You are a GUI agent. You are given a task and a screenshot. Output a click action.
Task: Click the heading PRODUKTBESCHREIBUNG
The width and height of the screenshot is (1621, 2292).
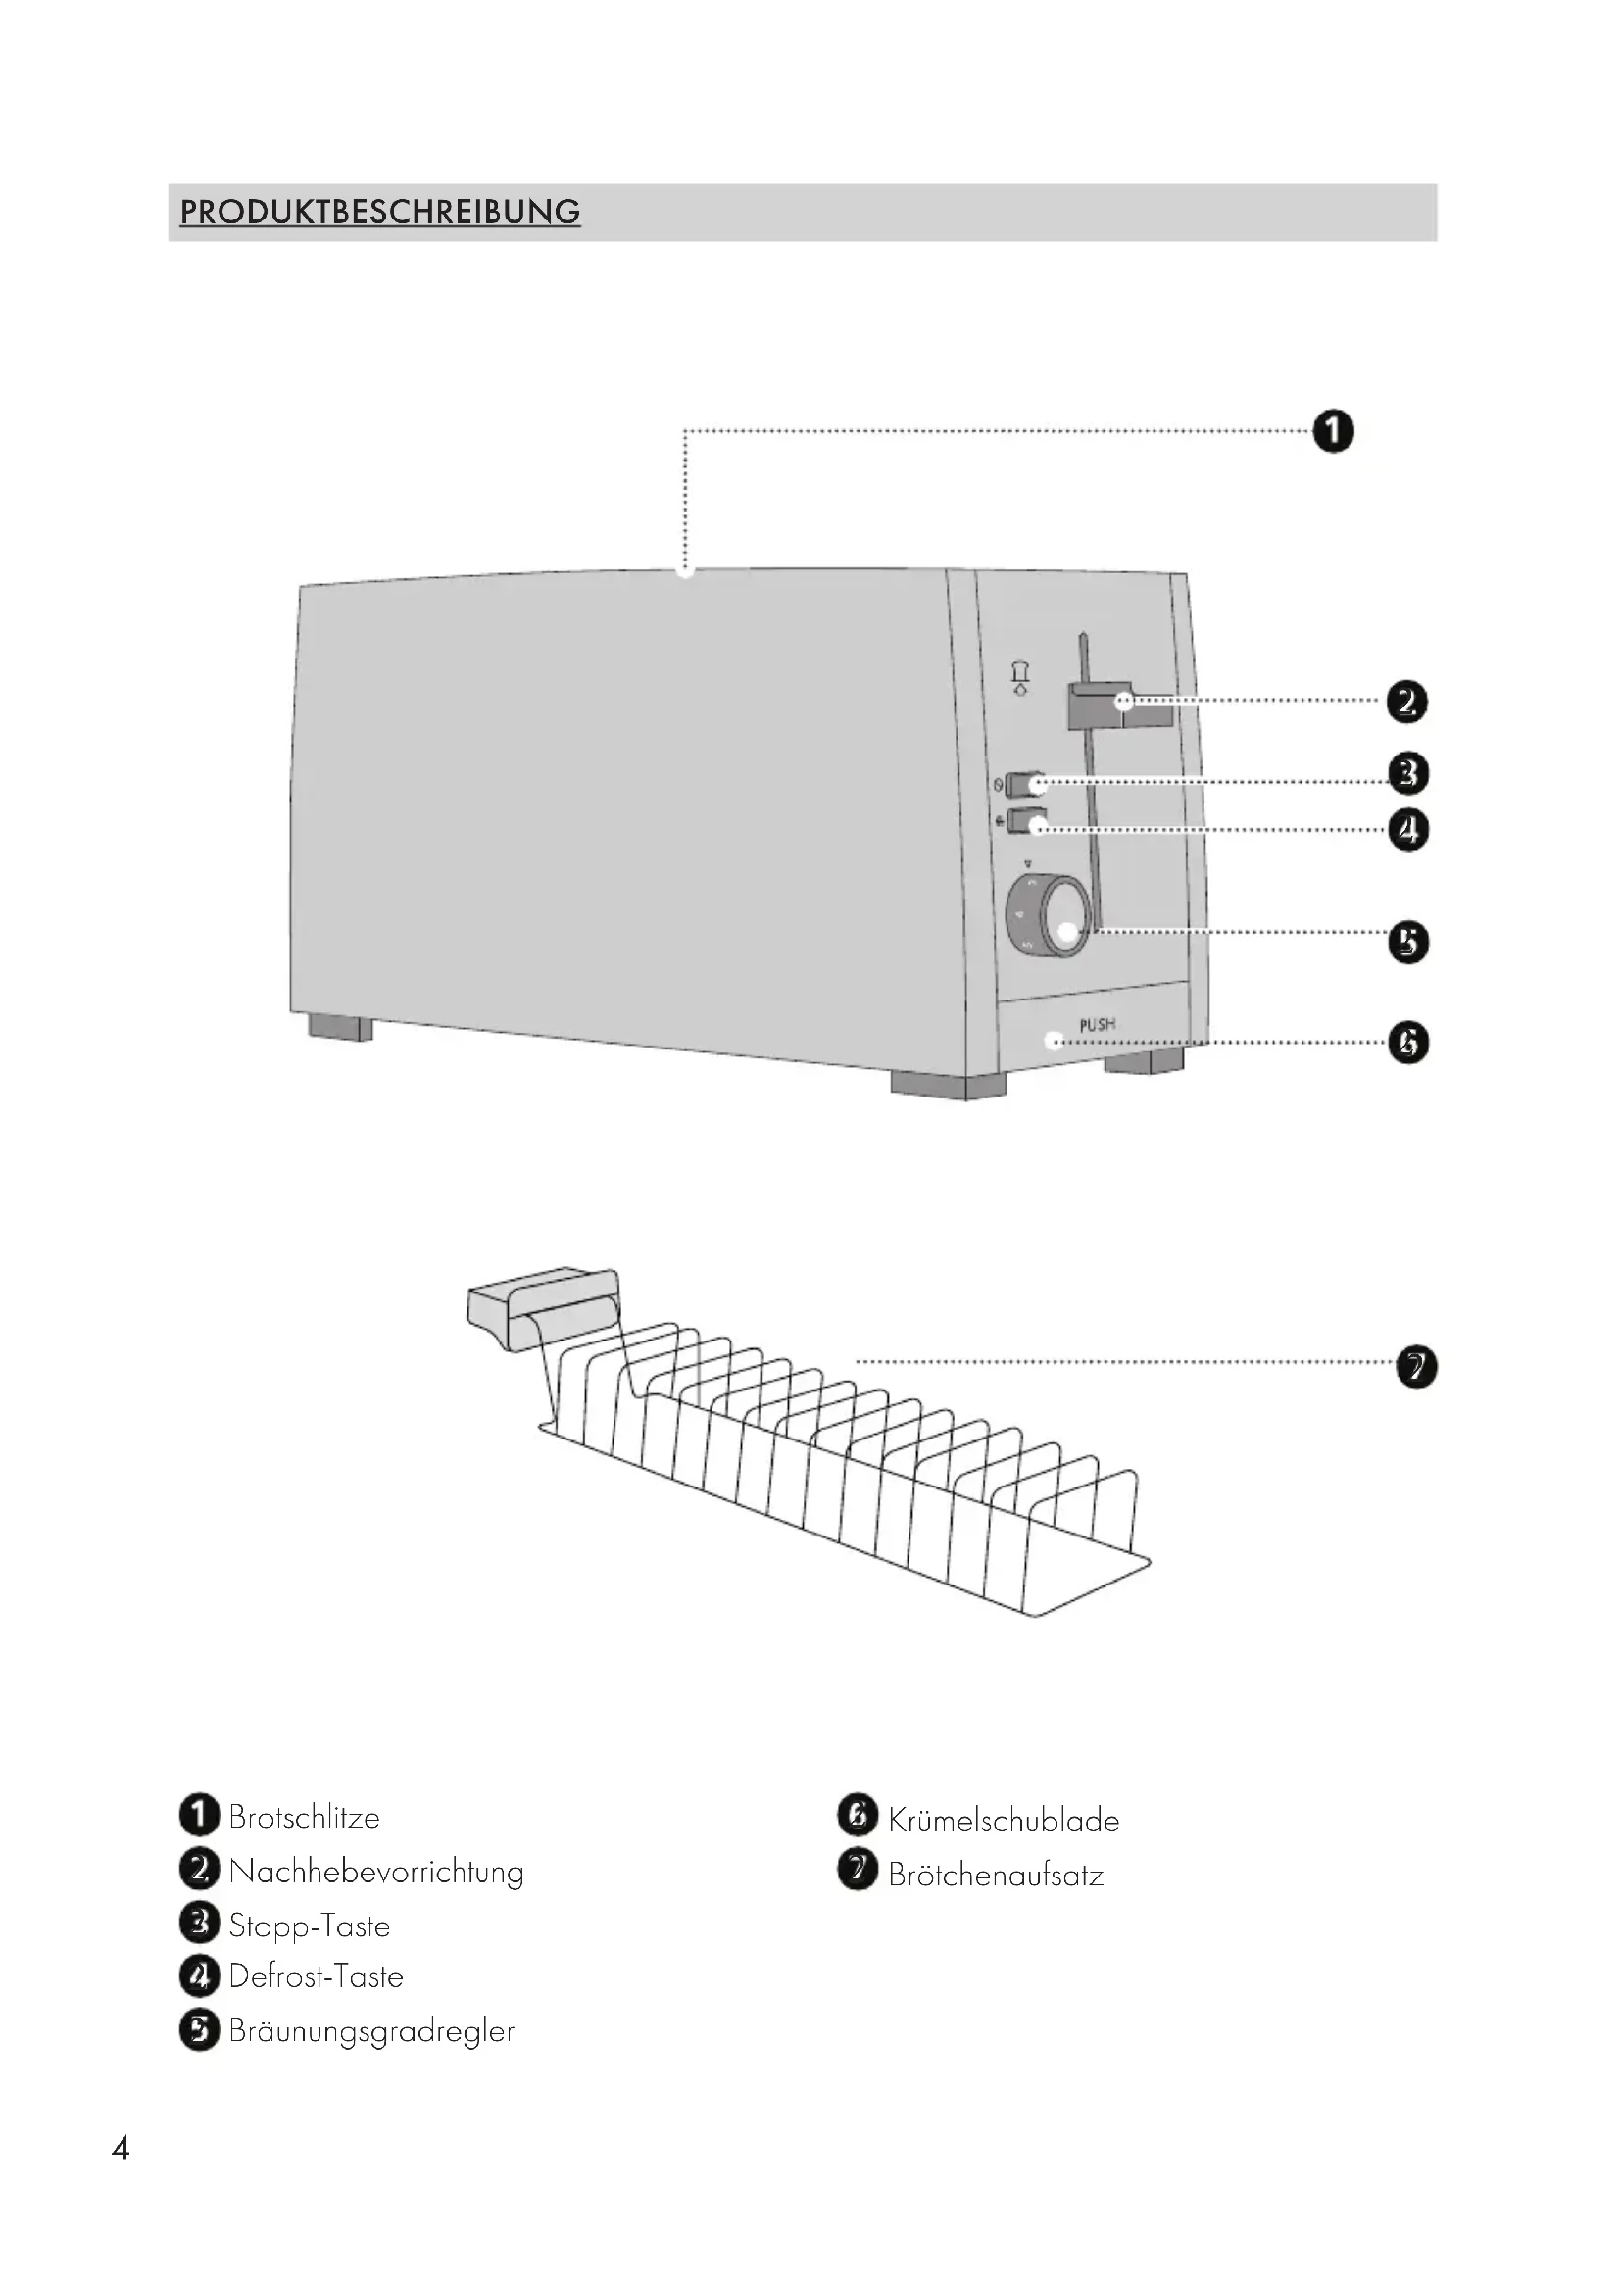click(x=379, y=212)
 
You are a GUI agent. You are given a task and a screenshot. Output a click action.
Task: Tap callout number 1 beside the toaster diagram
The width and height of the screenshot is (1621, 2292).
click(x=1333, y=431)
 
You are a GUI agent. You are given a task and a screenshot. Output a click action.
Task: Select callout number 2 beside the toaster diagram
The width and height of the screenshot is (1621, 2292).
click(x=1406, y=702)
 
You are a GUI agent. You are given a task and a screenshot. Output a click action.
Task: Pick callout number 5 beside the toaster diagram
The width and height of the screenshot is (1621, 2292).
click(x=1407, y=943)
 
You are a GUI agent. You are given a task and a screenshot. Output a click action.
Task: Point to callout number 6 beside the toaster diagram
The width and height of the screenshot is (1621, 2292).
click(x=1407, y=1044)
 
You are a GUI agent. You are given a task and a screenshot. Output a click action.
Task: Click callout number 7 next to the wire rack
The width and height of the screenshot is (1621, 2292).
click(x=1415, y=1367)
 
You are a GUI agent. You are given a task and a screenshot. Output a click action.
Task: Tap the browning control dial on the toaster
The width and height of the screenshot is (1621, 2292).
click(x=1048, y=916)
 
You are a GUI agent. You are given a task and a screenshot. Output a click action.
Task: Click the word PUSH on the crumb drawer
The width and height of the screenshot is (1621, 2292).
click(x=1097, y=1024)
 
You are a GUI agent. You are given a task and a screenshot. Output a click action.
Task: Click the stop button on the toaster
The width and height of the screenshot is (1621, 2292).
click(x=1024, y=785)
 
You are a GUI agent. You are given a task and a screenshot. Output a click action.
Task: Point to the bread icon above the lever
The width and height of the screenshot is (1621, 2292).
click(x=1020, y=678)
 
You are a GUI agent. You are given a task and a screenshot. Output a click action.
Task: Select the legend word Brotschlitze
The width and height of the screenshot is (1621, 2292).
click(x=304, y=1817)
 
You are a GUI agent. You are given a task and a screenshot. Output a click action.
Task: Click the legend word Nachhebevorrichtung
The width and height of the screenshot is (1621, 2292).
click(x=375, y=1872)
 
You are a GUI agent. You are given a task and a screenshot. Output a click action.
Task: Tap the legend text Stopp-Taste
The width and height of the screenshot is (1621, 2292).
click(x=309, y=1926)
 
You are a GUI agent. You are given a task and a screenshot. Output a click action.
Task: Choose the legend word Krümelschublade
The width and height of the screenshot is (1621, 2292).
click(x=1004, y=1821)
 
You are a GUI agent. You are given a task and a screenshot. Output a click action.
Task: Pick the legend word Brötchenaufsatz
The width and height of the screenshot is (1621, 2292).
click(x=995, y=1876)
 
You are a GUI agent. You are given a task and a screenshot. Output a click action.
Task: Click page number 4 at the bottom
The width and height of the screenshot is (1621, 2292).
click(x=121, y=2148)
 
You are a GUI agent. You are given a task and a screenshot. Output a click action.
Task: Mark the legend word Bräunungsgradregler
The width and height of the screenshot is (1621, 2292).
click(x=371, y=2031)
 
